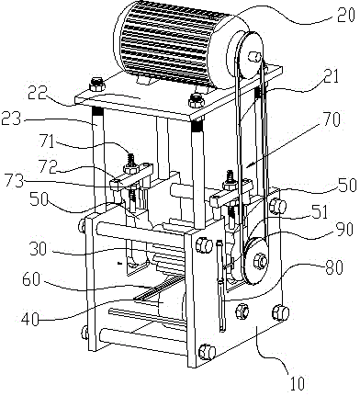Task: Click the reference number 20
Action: [346, 16]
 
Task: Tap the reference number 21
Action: [332, 76]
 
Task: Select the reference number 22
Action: [38, 94]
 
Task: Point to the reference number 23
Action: [12, 119]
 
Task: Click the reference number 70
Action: [331, 119]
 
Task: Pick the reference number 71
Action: [48, 142]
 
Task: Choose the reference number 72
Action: [47, 166]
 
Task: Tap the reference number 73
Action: [14, 182]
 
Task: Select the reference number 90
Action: [345, 231]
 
